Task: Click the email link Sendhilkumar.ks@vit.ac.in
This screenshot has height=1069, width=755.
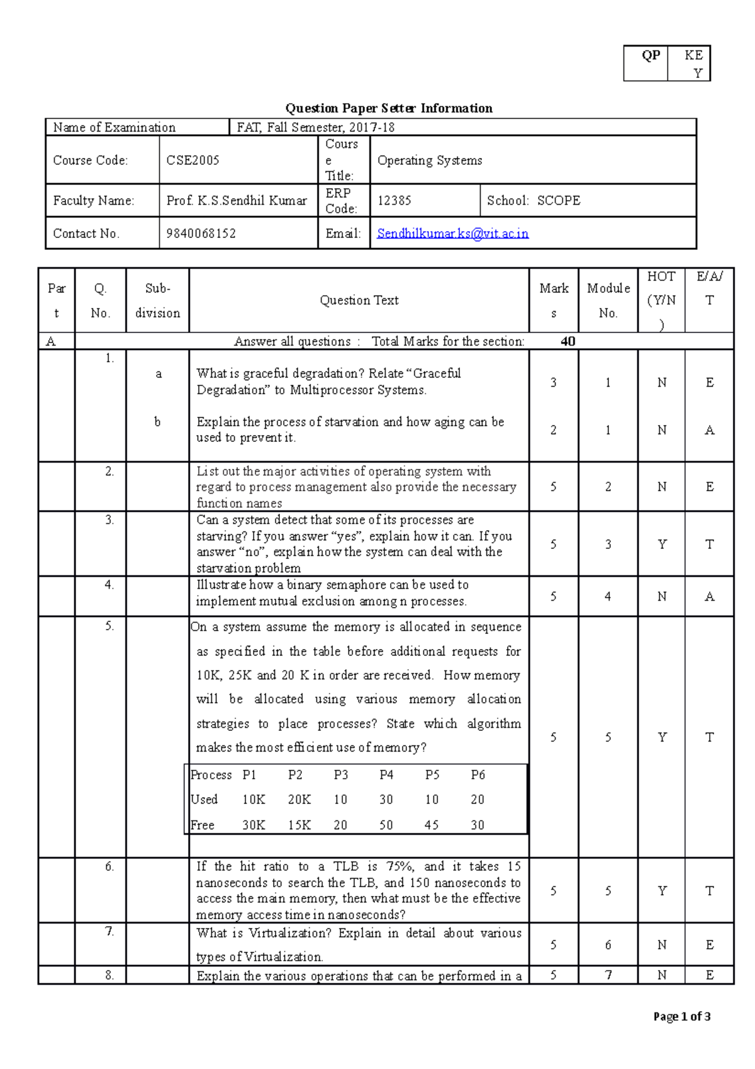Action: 452,234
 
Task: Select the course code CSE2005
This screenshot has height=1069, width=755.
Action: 193,161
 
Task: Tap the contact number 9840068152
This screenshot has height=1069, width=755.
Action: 201,234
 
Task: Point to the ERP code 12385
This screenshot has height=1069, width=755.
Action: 394,201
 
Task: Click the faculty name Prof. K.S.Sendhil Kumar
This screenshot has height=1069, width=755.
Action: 237,201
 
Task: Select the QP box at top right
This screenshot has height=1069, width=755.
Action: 651,56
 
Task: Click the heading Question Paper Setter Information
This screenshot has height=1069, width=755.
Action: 389,108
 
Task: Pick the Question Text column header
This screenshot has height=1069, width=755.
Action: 359,301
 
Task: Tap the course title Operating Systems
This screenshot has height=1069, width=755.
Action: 430,161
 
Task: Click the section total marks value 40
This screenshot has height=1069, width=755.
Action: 568,342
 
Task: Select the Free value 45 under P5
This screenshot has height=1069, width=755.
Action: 432,825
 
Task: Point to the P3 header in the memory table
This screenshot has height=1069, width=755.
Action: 340,775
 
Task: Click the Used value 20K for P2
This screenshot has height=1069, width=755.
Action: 299,800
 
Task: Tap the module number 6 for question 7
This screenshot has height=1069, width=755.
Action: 608,945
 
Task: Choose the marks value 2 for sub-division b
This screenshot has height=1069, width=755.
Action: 553,430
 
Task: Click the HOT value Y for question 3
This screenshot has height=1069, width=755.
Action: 662,545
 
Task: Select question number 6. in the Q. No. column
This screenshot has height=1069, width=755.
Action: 109,867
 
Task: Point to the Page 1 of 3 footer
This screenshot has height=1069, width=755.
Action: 682,1017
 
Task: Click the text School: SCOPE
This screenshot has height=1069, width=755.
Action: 534,201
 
